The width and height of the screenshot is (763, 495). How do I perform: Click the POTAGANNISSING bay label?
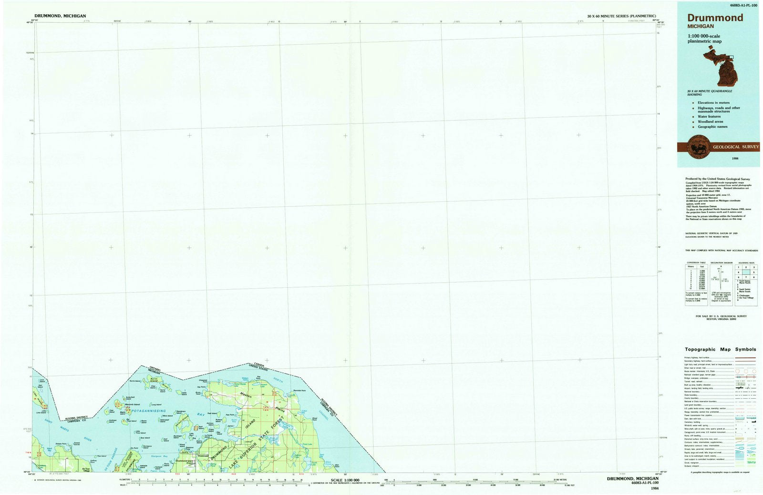click(142, 411)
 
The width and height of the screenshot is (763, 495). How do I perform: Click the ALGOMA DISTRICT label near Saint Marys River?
click(73, 417)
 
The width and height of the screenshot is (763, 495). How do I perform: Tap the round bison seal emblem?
click(700, 147)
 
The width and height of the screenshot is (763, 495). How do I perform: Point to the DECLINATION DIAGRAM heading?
click(721, 263)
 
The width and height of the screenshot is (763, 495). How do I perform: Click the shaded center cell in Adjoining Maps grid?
click(746, 273)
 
